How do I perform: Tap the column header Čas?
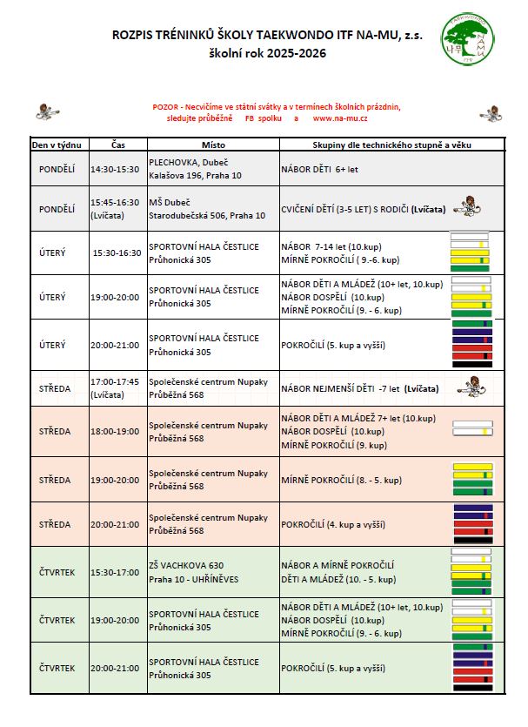(x=118, y=144)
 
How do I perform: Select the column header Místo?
(x=212, y=144)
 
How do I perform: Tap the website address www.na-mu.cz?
(x=340, y=118)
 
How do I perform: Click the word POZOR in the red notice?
(x=165, y=106)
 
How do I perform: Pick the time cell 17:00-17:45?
(x=114, y=382)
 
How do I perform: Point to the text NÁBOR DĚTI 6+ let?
(x=319, y=169)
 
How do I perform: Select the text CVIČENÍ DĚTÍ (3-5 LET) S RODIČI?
(x=344, y=209)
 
